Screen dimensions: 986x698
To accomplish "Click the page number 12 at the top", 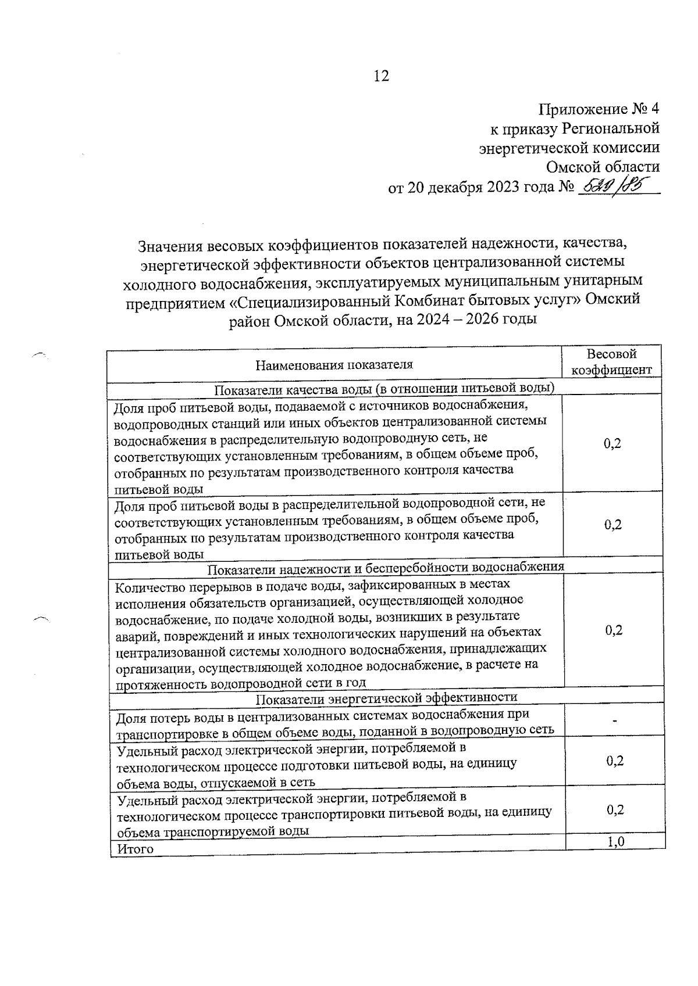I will [x=381, y=76].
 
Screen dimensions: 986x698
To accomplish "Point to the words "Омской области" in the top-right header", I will [x=603, y=167].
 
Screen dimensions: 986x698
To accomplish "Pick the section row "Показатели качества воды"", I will [x=384, y=388].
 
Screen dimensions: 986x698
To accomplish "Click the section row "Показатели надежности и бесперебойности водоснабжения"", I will [x=386, y=566].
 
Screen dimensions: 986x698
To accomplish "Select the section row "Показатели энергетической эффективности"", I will [x=387, y=697].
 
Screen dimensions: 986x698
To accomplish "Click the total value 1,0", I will [x=616, y=841].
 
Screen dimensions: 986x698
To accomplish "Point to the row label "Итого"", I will [x=135, y=849].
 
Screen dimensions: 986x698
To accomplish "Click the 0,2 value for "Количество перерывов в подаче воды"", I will [x=614, y=630].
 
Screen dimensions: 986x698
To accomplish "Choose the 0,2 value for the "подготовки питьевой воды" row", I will [x=615, y=761].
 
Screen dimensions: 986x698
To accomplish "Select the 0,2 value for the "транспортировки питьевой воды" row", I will [x=615, y=810].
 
